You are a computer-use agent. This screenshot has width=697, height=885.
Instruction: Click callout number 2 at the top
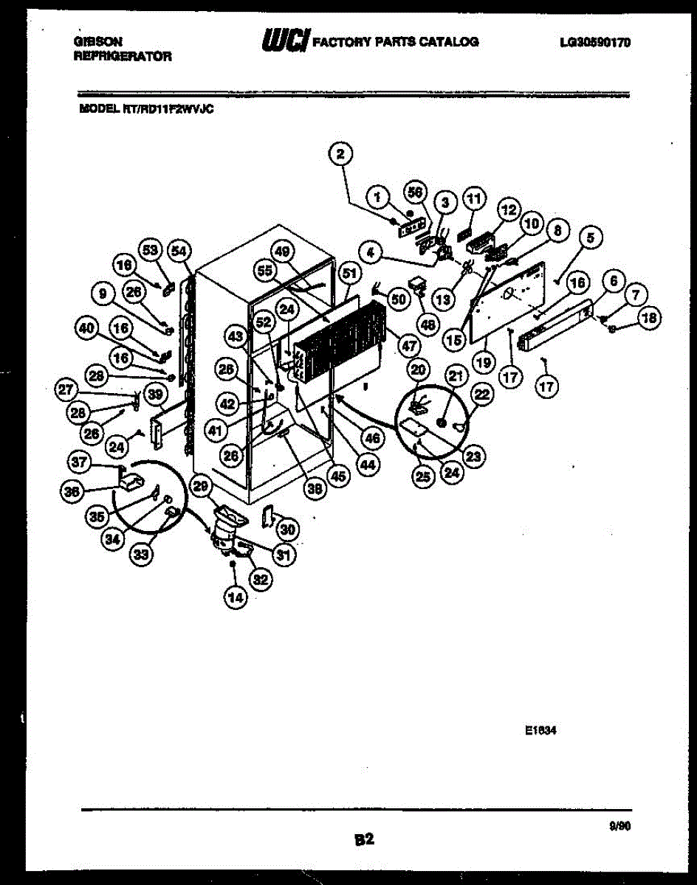pos(340,153)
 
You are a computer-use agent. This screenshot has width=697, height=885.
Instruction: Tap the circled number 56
pos(416,192)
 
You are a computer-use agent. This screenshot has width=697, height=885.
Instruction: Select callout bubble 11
pos(473,198)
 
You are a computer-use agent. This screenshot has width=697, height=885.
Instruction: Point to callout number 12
pos(508,210)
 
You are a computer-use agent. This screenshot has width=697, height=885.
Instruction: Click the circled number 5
pos(591,237)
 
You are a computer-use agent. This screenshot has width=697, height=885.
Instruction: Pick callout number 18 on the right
pos(650,318)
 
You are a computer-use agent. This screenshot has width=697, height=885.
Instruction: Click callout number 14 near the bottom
pos(236,598)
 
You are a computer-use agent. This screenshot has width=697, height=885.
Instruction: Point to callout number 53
pos(151,250)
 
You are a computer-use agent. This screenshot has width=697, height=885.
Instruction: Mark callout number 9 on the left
pos(105,294)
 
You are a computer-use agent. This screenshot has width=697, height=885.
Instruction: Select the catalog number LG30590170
pos(595,43)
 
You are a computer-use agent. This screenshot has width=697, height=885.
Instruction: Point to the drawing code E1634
pos(540,731)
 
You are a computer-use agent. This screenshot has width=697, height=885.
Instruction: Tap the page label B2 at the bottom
pos(364,839)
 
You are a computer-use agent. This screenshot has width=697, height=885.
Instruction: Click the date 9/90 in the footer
pos(619,827)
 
